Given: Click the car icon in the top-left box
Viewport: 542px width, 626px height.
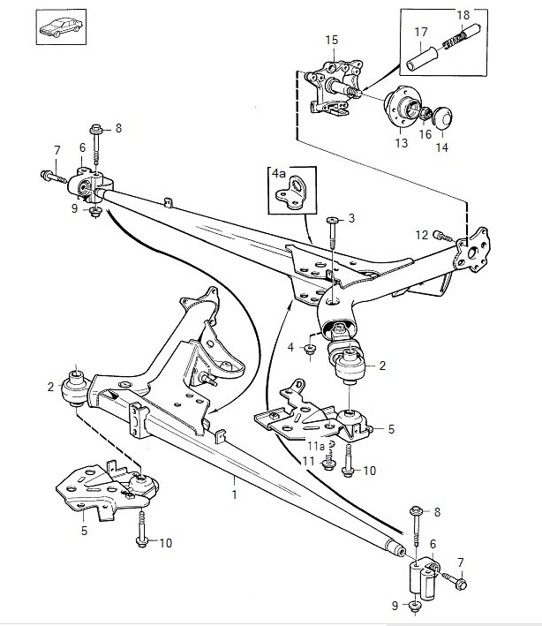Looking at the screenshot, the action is (x=61, y=27).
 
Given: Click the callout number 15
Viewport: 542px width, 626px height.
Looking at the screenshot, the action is (x=331, y=40).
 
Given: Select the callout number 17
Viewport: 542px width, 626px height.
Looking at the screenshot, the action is (x=421, y=32).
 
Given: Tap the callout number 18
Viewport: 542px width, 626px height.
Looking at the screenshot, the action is (x=463, y=15).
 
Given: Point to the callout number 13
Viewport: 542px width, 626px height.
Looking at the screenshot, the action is (x=402, y=142).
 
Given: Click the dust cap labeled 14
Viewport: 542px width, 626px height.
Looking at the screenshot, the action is (x=442, y=118).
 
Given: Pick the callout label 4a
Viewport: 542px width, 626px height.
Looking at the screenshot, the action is (x=279, y=174).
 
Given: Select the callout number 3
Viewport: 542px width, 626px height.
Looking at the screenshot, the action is (x=351, y=218).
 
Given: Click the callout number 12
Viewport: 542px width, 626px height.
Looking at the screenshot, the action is (x=421, y=235).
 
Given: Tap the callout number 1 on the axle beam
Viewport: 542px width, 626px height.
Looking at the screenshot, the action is (x=234, y=494).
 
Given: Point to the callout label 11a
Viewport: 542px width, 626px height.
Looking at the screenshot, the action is (x=316, y=446).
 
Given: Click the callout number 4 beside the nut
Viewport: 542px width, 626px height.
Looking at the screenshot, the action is (x=290, y=347).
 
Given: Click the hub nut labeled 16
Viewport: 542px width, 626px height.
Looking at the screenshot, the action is (x=425, y=115).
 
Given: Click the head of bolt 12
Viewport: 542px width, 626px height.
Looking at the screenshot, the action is (x=439, y=236).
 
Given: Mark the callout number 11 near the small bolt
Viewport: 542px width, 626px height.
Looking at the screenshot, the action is (x=308, y=461).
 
